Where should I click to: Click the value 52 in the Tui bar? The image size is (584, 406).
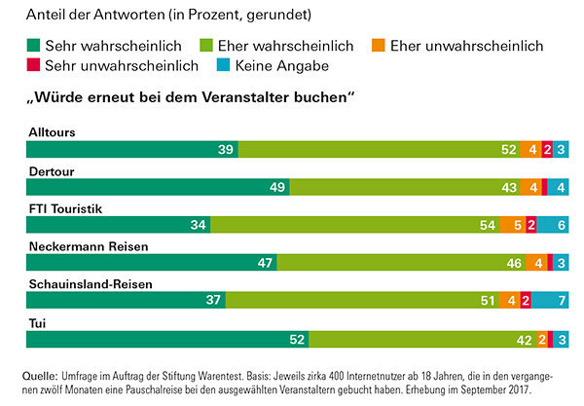pyautogui.click(x=296, y=339)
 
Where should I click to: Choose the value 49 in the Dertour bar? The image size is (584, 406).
pyautogui.click(x=278, y=187)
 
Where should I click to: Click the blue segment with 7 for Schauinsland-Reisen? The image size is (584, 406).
pyautogui.click(x=550, y=301)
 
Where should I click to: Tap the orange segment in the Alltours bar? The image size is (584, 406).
pyautogui.click(x=531, y=149)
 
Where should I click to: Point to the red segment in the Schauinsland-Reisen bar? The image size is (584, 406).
pyautogui.click(x=526, y=301)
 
